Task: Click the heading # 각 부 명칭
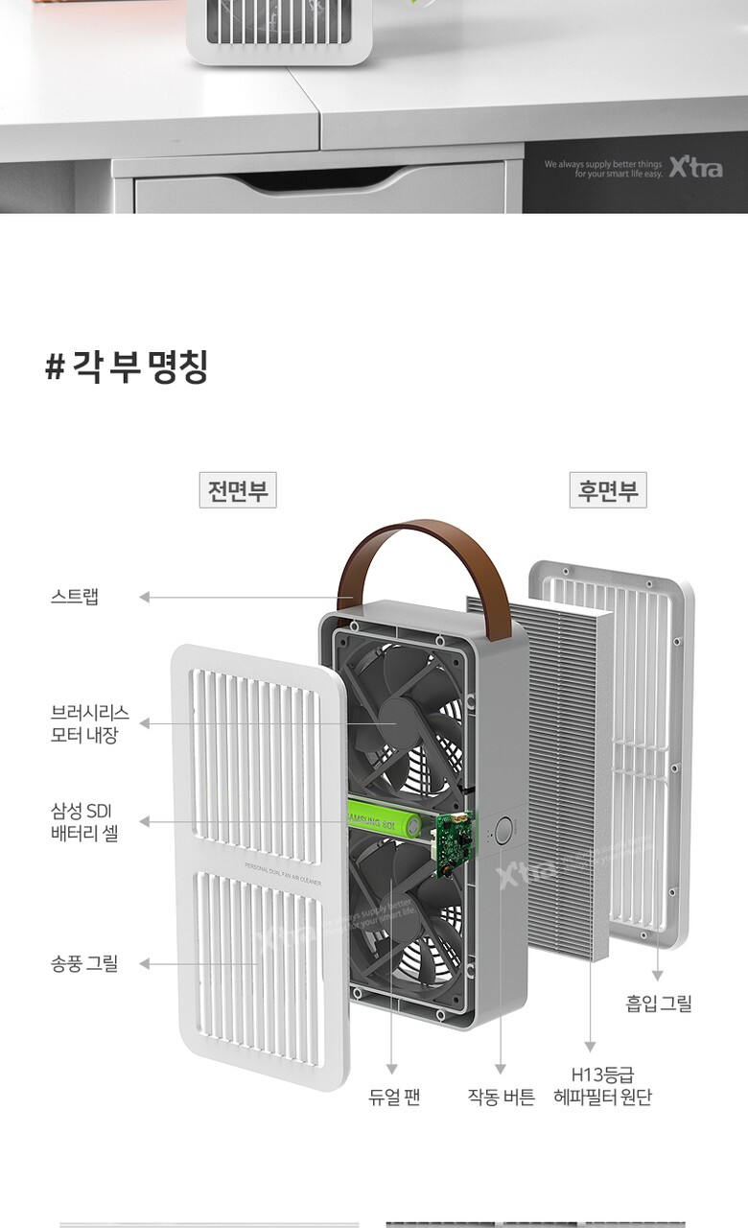[x=126, y=367]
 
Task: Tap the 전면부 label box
[x=237, y=491]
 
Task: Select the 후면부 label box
[x=607, y=491]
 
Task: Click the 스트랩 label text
[x=75, y=597]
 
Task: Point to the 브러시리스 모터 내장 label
[x=90, y=725]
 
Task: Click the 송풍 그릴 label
[x=84, y=963]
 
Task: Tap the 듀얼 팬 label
[x=394, y=1097]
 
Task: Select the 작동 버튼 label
[x=501, y=1097]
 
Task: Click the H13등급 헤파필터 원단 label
[x=602, y=1086]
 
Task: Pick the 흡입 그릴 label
[x=659, y=1004]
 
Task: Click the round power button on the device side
[x=504, y=832]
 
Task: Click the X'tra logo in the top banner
[x=694, y=168]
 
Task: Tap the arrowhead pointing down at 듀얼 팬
[x=392, y=1069]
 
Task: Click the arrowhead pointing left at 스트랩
[x=145, y=597]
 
